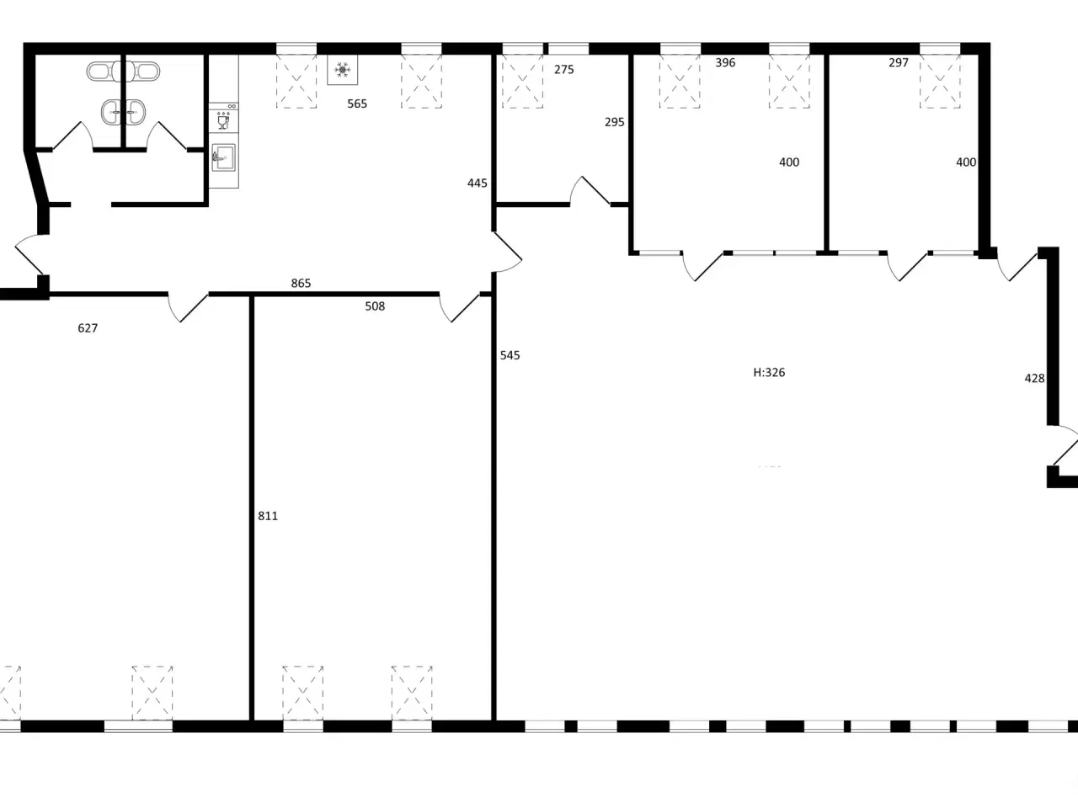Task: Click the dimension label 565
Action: (x=357, y=104)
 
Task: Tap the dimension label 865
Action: (x=301, y=284)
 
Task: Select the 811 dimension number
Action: (x=268, y=516)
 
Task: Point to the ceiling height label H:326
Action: (x=769, y=373)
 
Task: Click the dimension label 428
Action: (x=1034, y=379)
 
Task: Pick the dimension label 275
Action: (x=563, y=70)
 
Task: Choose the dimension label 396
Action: (x=725, y=63)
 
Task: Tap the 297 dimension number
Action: (x=899, y=63)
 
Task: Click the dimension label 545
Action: (x=510, y=356)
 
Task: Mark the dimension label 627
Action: (x=88, y=328)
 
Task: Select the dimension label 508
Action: (x=375, y=306)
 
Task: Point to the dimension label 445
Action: (x=478, y=183)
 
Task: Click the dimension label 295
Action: (x=615, y=122)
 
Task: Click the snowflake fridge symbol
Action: (x=342, y=70)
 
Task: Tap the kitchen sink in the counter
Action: (x=223, y=157)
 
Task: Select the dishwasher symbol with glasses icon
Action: (x=223, y=118)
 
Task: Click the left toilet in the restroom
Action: (x=103, y=72)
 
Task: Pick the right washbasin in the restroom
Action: (x=136, y=112)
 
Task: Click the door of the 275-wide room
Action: (x=590, y=191)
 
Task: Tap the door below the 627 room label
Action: (x=188, y=307)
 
